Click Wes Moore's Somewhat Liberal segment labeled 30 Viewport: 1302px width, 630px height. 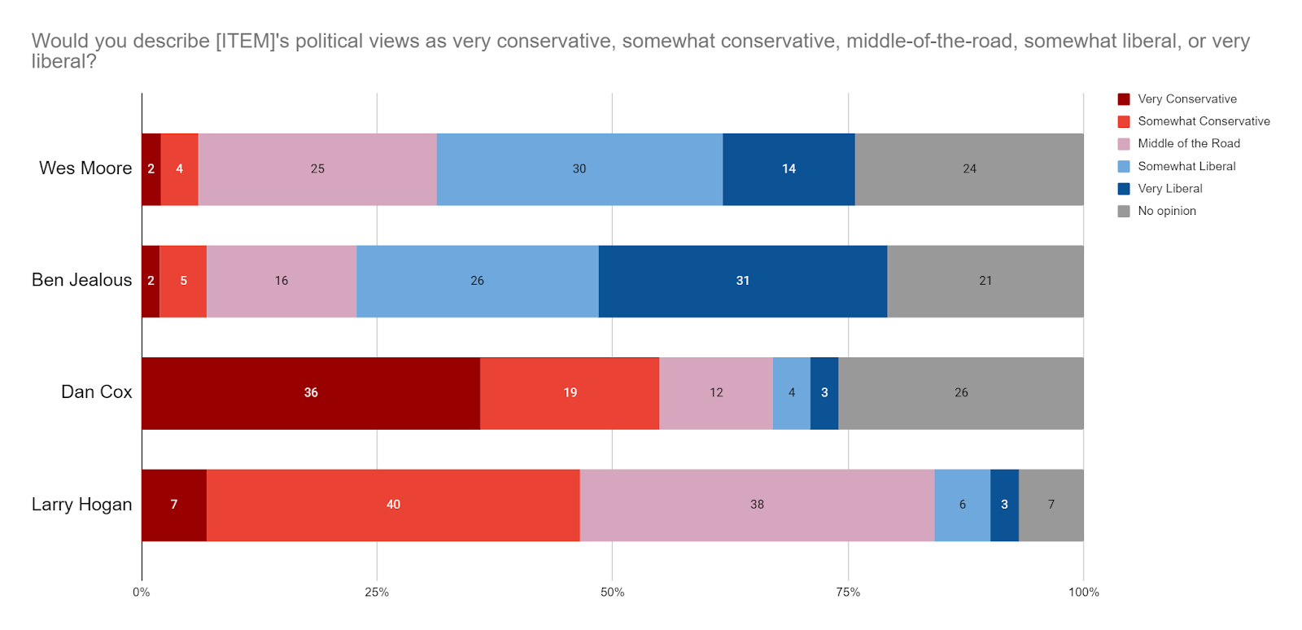tap(579, 169)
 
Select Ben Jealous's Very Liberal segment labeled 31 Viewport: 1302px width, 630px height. tap(742, 281)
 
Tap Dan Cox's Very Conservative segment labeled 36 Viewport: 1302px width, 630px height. tap(311, 393)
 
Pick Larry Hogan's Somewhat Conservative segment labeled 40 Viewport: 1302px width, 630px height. tap(393, 505)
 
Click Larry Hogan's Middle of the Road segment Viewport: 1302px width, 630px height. tap(757, 505)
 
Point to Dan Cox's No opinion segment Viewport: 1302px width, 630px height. tap(961, 393)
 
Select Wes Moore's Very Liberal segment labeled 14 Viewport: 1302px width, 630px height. tap(789, 169)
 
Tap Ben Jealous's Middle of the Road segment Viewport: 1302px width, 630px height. tap(281, 281)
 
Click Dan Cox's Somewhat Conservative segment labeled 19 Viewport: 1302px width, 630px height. tap(570, 393)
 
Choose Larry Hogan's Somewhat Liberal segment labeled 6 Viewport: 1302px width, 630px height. tap(962, 505)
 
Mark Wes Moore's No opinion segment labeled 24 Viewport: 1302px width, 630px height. tap(969, 169)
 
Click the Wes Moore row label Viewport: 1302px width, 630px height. tap(85, 168)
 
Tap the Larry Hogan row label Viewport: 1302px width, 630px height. tap(81, 505)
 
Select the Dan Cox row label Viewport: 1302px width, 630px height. tap(96, 392)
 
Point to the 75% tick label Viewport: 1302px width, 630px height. tap(848, 593)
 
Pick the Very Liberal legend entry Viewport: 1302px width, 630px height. tap(1169, 189)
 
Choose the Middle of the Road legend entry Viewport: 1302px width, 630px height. tap(1188, 144)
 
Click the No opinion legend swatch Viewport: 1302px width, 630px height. tap(1124, 212)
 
